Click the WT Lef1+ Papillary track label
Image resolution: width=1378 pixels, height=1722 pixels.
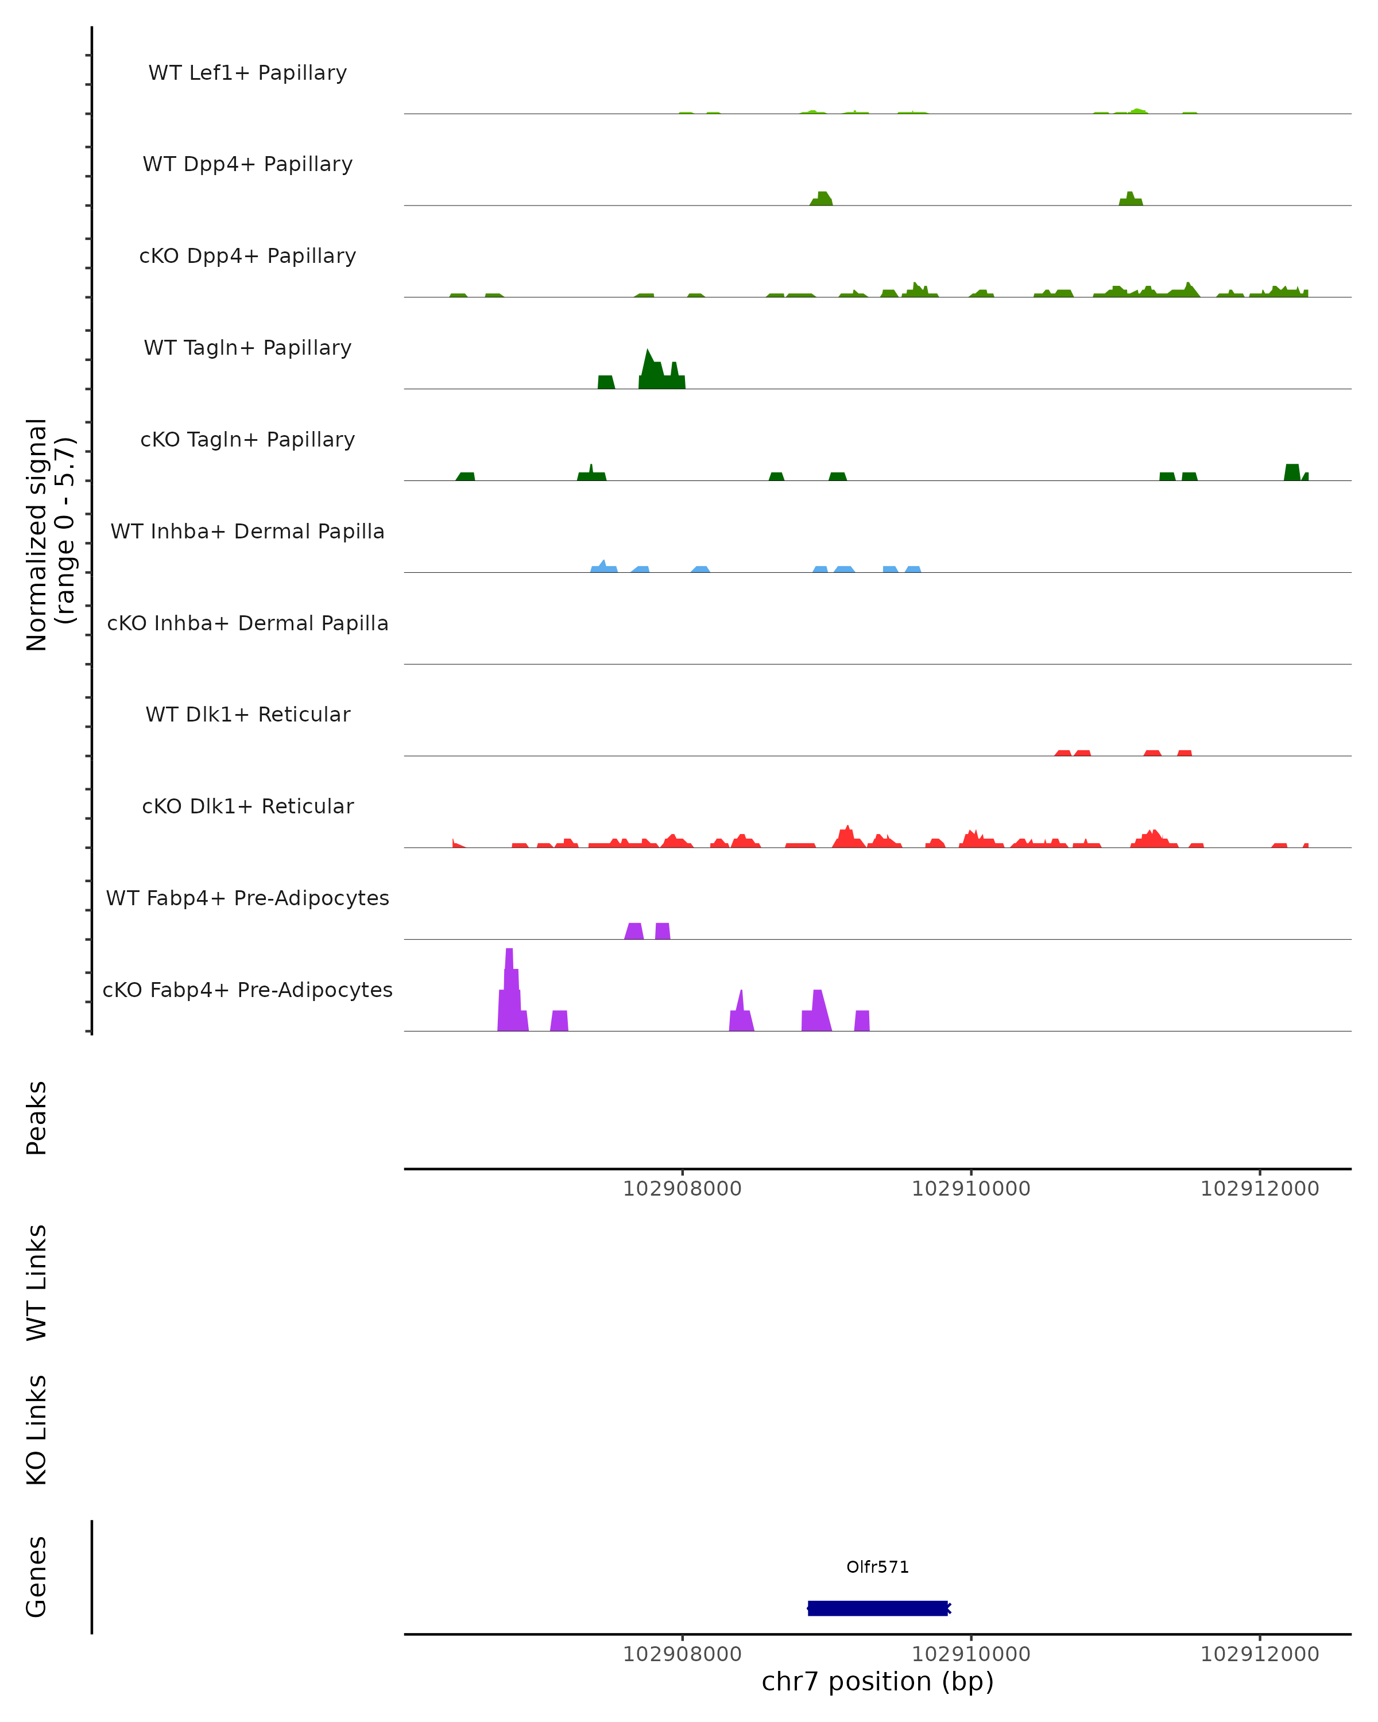click(x=247, y=73)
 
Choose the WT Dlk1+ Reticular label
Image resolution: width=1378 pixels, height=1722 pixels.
click(x=247, y=714)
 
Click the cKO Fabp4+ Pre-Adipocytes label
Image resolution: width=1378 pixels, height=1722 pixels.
click(x=247, y=990)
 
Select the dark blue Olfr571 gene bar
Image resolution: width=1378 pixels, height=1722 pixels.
click(x=877, y=1608)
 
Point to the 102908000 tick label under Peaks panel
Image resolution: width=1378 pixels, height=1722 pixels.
click(x=682, y=1189)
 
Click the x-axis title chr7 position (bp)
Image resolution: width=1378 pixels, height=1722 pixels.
click(x=877, y=1681)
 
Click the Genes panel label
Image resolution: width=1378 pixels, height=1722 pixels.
click(x=37, y=1577)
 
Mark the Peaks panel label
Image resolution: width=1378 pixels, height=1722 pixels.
click(x=37, y=1118)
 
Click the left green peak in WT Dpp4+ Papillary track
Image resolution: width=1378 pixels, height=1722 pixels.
click(x=821, y=199)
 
